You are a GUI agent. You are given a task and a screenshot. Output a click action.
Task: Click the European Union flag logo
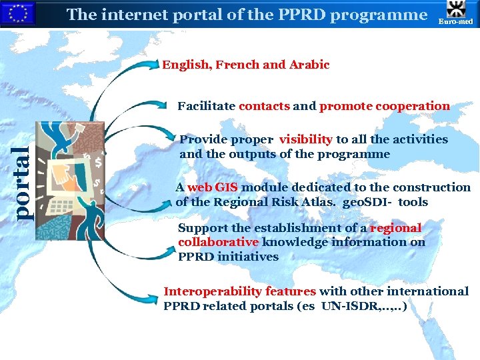point(17,14)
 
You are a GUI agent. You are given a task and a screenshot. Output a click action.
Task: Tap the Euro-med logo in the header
point(455,14)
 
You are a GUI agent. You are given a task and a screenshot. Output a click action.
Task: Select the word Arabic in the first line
point(309,65)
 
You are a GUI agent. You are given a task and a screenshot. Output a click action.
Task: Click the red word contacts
point(264,106)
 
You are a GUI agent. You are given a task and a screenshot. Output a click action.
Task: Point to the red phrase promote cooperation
point(385,106)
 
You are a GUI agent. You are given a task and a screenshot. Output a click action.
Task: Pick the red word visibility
point(305,139)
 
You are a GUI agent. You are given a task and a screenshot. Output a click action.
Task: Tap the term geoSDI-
point(367,202)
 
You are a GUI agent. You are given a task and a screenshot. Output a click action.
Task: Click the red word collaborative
point(218,242)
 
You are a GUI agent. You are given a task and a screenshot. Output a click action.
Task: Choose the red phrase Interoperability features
point(240,291)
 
